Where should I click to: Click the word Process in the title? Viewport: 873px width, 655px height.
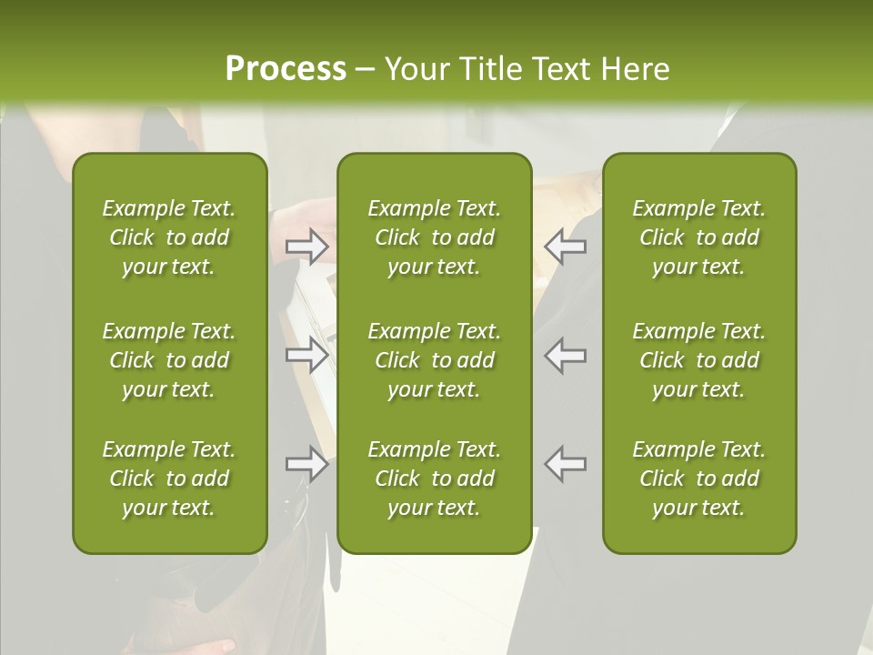(x=286, y=69)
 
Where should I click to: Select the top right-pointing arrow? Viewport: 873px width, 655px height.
(x=306, y=247)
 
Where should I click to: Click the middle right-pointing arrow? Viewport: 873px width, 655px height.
(x=306, y=355)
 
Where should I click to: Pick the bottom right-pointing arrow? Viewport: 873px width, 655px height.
(x=306, y=464)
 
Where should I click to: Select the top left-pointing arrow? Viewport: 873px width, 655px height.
(x=566, y=247)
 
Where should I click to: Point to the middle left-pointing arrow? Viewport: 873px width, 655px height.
(x=566, y=355)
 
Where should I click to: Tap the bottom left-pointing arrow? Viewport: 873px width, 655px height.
(x=566, y=464)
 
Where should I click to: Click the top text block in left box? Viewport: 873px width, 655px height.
(x=169, y=237)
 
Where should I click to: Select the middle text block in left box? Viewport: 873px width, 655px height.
(x=169, y=360)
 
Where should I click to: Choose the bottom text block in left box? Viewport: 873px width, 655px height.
(x=169, y=479)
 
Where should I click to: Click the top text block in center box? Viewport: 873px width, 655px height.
(x=434, y=237)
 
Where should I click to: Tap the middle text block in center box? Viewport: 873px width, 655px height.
(x=434, y=360)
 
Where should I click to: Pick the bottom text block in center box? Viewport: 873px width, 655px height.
(x=434, y=479)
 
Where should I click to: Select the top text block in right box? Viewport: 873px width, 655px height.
(x=699, y=237)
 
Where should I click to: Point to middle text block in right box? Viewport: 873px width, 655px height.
(x=699, y=360)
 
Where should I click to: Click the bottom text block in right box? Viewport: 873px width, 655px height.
(x=699, y=479)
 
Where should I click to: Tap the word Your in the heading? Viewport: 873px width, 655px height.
(x=415, y=69)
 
